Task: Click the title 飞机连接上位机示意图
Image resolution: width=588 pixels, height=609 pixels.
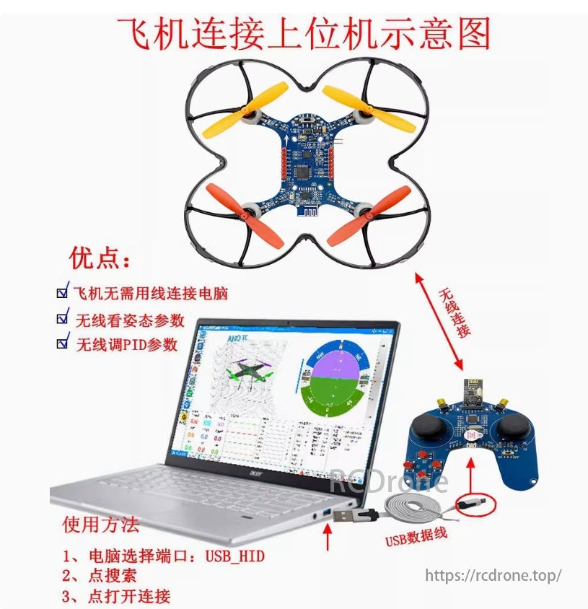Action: pos(304,33)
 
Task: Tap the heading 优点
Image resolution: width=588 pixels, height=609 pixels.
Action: pos(100,258)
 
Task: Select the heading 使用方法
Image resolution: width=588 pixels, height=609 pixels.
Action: pos(101,524)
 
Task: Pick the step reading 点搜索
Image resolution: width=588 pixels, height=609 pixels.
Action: pos(112,576)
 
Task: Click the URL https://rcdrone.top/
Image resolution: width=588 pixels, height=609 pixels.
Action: pos(493,575)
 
